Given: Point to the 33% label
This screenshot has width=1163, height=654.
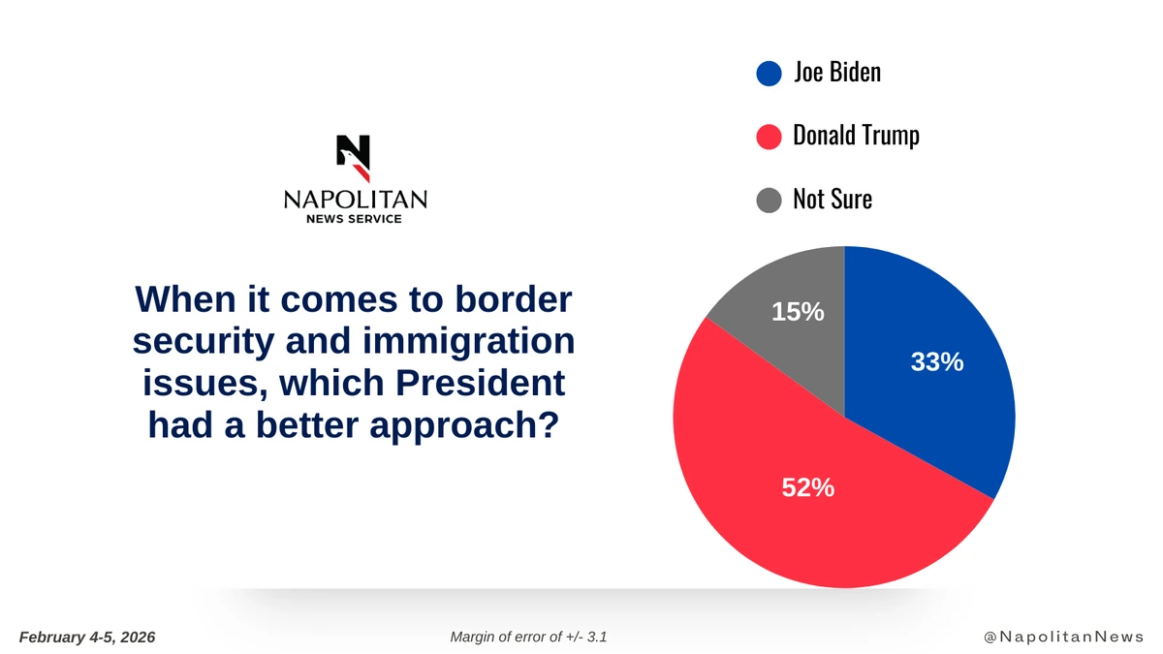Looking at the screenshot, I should [x=936, y=361].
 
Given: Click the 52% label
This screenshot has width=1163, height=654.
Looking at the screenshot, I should [x=808, y=488].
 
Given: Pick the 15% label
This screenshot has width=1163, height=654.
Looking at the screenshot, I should [x=798, y=312].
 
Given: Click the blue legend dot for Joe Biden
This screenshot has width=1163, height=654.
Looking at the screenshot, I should [x=769, y=74].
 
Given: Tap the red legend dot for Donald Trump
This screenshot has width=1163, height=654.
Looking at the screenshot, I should [x=769, y=137].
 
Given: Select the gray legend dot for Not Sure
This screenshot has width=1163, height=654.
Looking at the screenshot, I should [x=769, y=200].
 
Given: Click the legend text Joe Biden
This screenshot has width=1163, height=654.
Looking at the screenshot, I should [x=836, y=73].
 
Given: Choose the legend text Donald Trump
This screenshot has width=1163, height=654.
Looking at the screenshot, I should [x=856, y=136].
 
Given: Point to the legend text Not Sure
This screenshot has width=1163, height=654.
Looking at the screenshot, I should [x=833, y=199].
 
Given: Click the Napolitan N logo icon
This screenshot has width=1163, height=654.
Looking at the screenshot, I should [x=354, y=158].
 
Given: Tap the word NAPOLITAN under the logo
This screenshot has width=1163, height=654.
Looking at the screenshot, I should [x=355, y=200].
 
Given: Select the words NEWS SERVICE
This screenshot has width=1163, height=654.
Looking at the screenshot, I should [x=355, y=219].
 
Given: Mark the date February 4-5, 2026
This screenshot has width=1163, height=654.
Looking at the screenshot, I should [x=87, y=637].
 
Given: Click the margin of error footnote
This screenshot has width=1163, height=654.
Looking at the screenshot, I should [x=529, y=637].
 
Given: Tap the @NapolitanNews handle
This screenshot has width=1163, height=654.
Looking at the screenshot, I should [x=1063, y=637].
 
